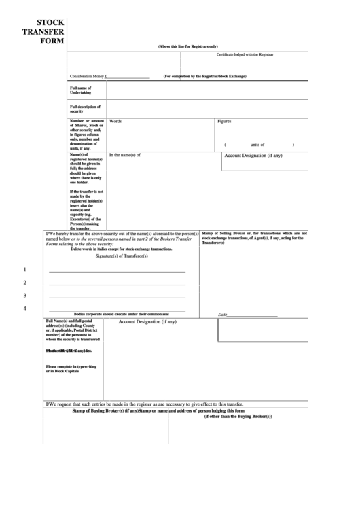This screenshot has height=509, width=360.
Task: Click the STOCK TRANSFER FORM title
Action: tap(43, 31)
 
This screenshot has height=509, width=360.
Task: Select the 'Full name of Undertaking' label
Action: tap(85, 90)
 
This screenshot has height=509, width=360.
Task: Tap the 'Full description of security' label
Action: tap(86, 109)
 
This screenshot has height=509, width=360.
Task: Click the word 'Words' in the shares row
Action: tap(115, 121)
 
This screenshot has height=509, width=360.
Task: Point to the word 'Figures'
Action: tap(224, 121)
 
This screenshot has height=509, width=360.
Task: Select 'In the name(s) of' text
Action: tap(125, 155)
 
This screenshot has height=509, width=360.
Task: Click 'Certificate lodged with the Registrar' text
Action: tap(245, 54)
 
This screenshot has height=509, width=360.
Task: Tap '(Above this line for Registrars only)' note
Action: tap(188, 46)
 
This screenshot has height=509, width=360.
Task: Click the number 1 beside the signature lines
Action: tap(25, 270)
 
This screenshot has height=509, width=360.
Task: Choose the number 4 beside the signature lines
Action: tap(25, 309)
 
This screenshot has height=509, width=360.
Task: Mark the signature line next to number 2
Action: tap(117, 284)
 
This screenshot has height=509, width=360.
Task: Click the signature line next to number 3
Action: tap(117, 297)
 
